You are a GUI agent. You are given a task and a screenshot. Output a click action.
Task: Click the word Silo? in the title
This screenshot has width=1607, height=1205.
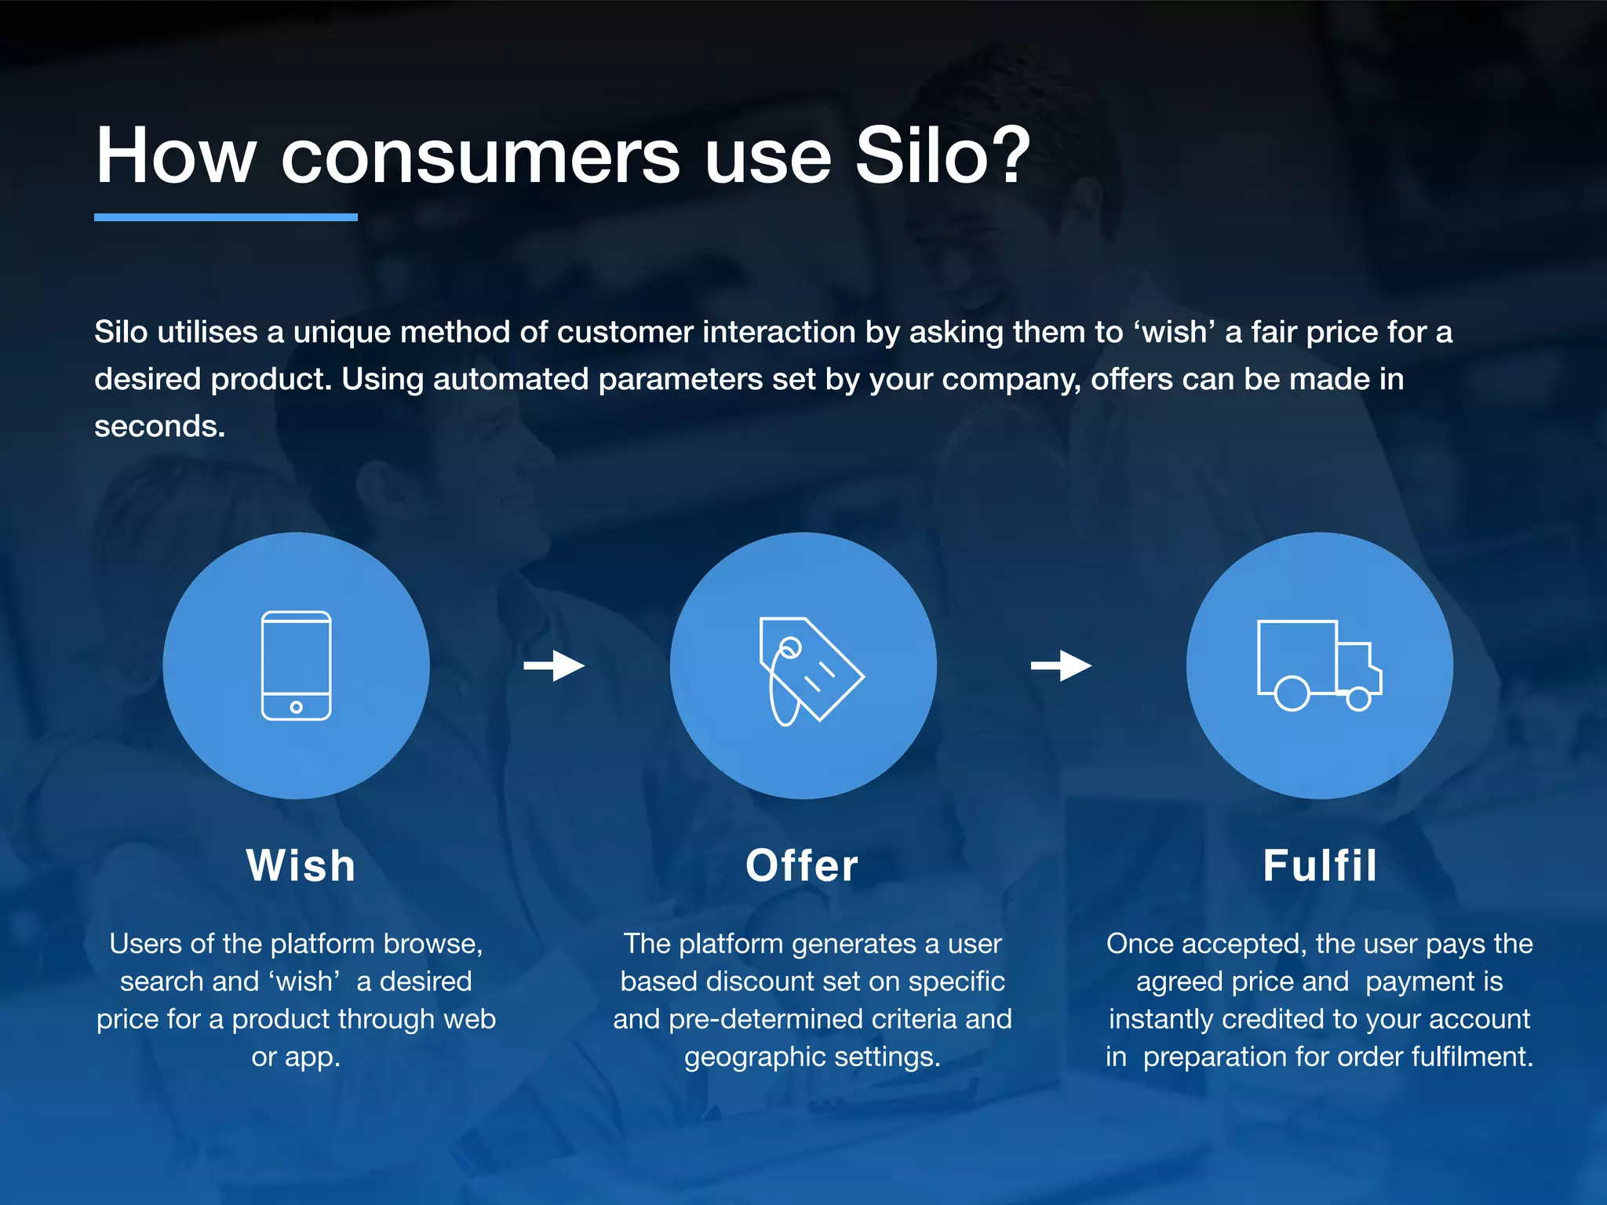pyautogui.click(x=942, y=156)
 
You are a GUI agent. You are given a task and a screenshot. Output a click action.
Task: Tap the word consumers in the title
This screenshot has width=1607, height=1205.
pyautogui.click(x=480, y=156)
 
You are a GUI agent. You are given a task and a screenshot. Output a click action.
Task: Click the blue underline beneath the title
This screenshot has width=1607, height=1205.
pyautogui.click(x=226, y=217)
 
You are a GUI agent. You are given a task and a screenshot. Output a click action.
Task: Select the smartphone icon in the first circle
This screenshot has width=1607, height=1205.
pyautogui.click(x=296, y=665)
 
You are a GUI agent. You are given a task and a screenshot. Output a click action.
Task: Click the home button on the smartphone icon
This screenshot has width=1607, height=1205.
pyautogui.click(x=296, y=707)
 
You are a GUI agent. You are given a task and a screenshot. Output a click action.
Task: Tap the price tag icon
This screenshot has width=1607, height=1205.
pyautogui.click(x=808, y=669)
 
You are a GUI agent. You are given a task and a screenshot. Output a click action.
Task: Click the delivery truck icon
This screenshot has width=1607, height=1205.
pyautogui.click(x=1319, y=664)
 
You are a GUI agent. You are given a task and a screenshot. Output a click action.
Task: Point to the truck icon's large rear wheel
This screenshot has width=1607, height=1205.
pyautogui.click(x=1292, y=694)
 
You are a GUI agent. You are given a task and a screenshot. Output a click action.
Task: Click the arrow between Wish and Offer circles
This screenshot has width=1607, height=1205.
pyautogui.click(x=554, y=666)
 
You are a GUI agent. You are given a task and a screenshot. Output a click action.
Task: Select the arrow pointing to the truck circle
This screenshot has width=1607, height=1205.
pyautogui.click(x=1061, y=666)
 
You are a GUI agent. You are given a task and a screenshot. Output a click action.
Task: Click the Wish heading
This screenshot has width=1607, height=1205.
pyautogui.click(x=301, y=866)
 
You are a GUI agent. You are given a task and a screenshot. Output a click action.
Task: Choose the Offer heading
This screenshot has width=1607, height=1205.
pyautogui.click(x=802, y=866)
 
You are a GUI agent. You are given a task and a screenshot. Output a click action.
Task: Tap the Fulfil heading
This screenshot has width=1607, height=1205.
pyautogui.click(x=1320, y=866)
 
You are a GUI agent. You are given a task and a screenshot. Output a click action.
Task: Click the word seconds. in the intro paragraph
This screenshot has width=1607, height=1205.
pyautogui.click(x=160, y=427)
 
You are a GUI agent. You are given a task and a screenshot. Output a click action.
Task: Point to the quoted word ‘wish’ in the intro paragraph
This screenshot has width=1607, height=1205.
pyautogui.click(x=1174, y=333)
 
